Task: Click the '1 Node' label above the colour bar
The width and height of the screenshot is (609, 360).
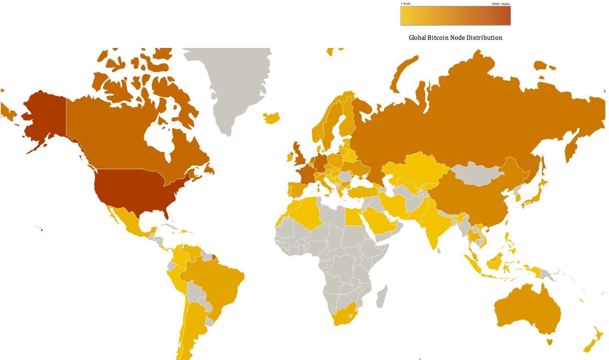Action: [406, 4]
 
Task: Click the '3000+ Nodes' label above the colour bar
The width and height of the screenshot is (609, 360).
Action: [501, 4]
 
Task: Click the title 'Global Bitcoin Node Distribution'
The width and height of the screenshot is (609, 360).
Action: [455, 38]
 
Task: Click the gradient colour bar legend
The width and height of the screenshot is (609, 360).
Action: [455, 16]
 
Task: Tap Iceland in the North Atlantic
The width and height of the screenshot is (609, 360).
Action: [271, 118]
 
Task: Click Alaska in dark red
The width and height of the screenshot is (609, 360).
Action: [44, 118]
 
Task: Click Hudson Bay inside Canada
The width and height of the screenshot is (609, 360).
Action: [159, 136]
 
